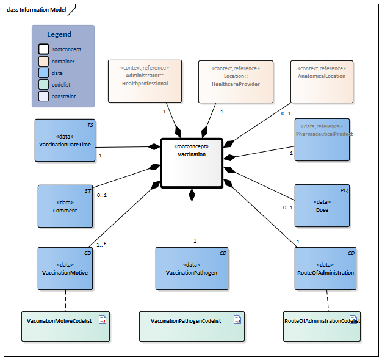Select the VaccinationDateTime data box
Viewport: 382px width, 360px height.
(65, 140)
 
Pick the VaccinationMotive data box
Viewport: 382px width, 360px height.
(65, 268)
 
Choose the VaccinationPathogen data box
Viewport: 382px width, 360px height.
(192, 268)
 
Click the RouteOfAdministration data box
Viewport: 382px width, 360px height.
(326, 268)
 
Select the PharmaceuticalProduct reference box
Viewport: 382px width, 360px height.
(322, 140)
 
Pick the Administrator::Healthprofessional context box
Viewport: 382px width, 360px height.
(145, 81)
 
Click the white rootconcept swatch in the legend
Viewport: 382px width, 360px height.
(45, 49)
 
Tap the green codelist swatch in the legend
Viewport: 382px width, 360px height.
(45, 85)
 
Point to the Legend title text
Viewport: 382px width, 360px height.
(59, 34)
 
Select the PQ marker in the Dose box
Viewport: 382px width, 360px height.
(344, 190)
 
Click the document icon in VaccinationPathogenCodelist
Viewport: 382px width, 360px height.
(235, 320)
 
